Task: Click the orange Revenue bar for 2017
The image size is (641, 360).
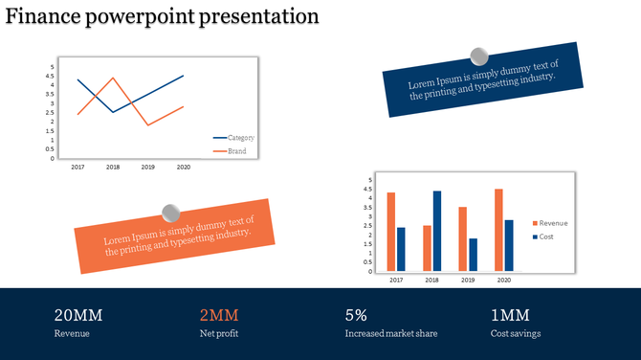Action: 391,231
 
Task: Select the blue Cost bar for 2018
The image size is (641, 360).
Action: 437,230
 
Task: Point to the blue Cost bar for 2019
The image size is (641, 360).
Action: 473,254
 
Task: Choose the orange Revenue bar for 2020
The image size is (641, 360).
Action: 498,229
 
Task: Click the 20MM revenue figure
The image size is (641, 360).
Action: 78,315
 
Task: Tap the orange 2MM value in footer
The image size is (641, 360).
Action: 218,315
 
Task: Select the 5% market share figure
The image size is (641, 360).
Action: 356,315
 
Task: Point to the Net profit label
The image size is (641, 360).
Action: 219,334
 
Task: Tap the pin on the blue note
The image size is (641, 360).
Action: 479,57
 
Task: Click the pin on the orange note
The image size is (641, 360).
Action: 171,213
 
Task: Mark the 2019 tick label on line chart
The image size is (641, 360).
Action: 147,168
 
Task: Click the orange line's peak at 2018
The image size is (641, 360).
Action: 113,79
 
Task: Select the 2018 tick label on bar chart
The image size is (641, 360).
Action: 431,280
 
